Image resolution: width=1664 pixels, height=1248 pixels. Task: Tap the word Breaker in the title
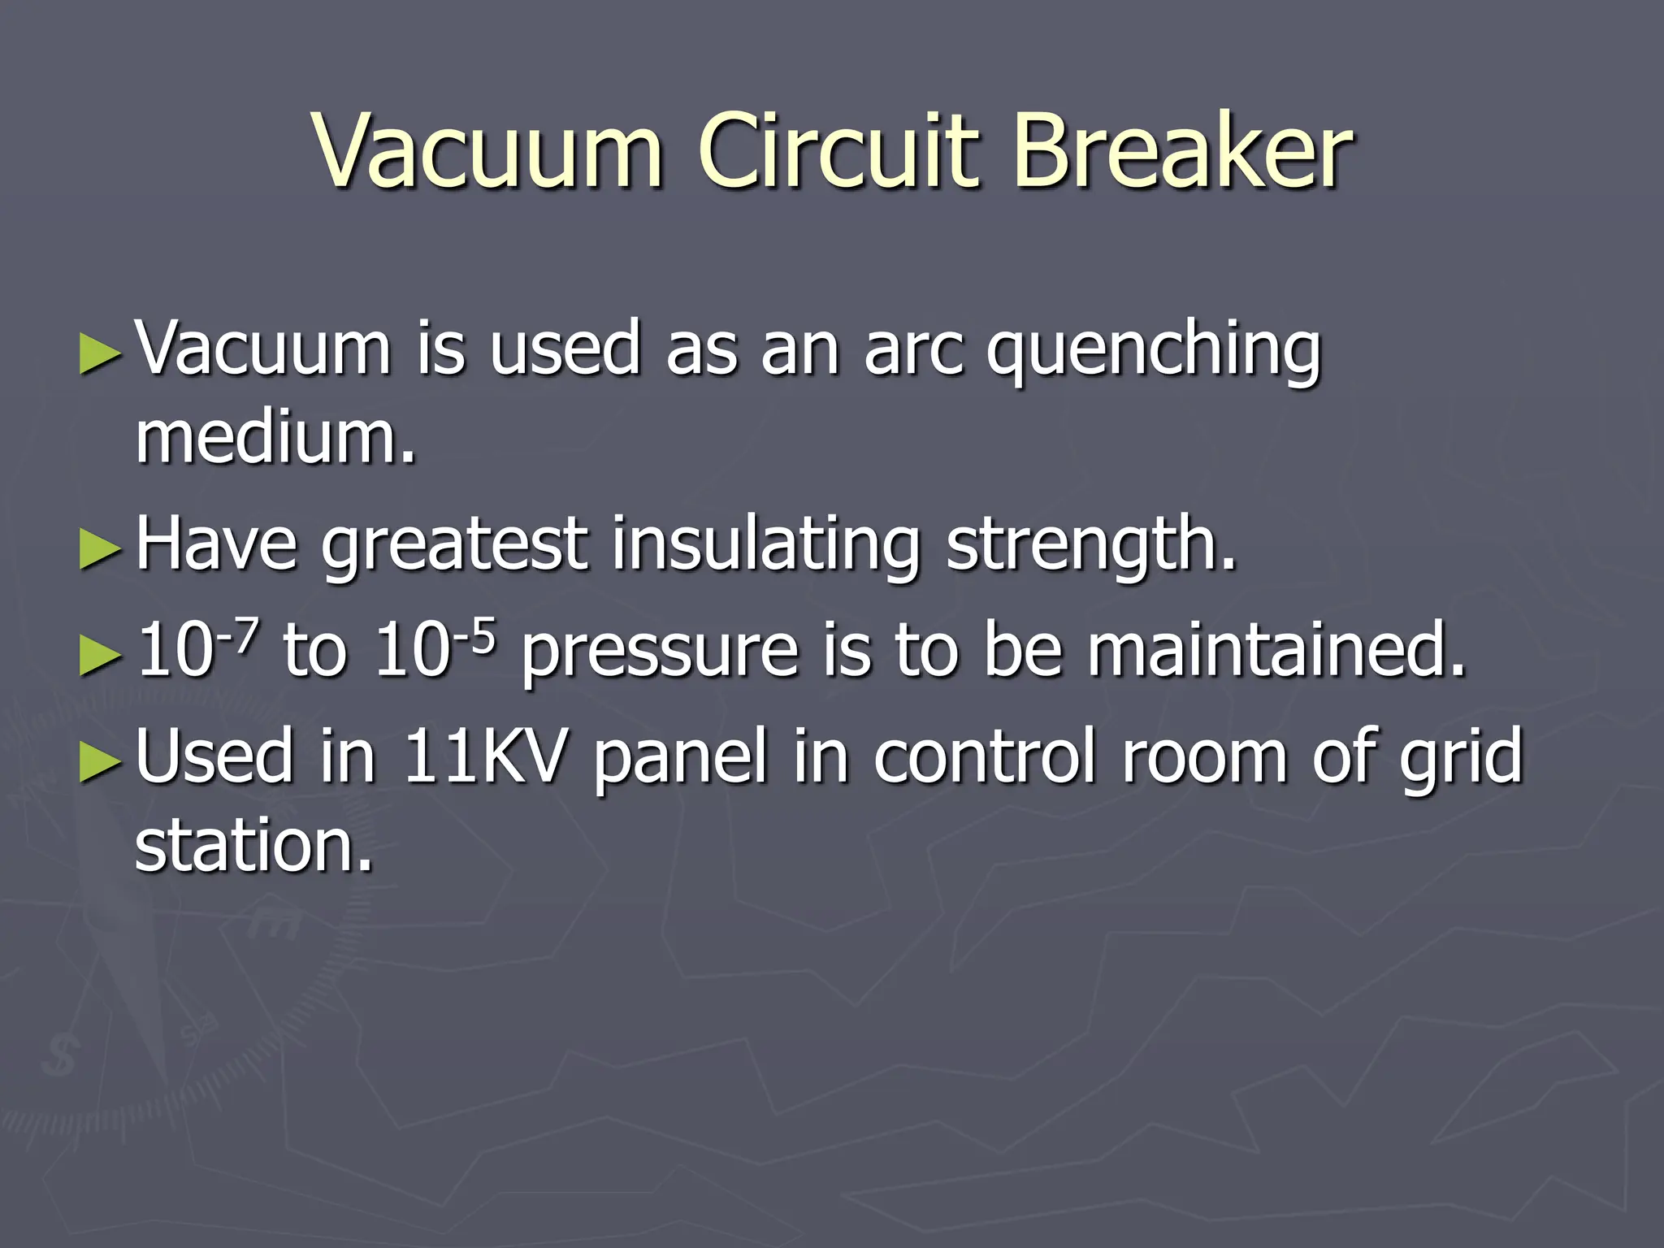coord(1183,150)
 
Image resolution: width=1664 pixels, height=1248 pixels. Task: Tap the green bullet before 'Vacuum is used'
coord(101,354)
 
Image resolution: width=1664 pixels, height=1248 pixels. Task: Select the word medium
coord(275,439)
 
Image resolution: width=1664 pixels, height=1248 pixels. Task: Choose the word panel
coord(680,757)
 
